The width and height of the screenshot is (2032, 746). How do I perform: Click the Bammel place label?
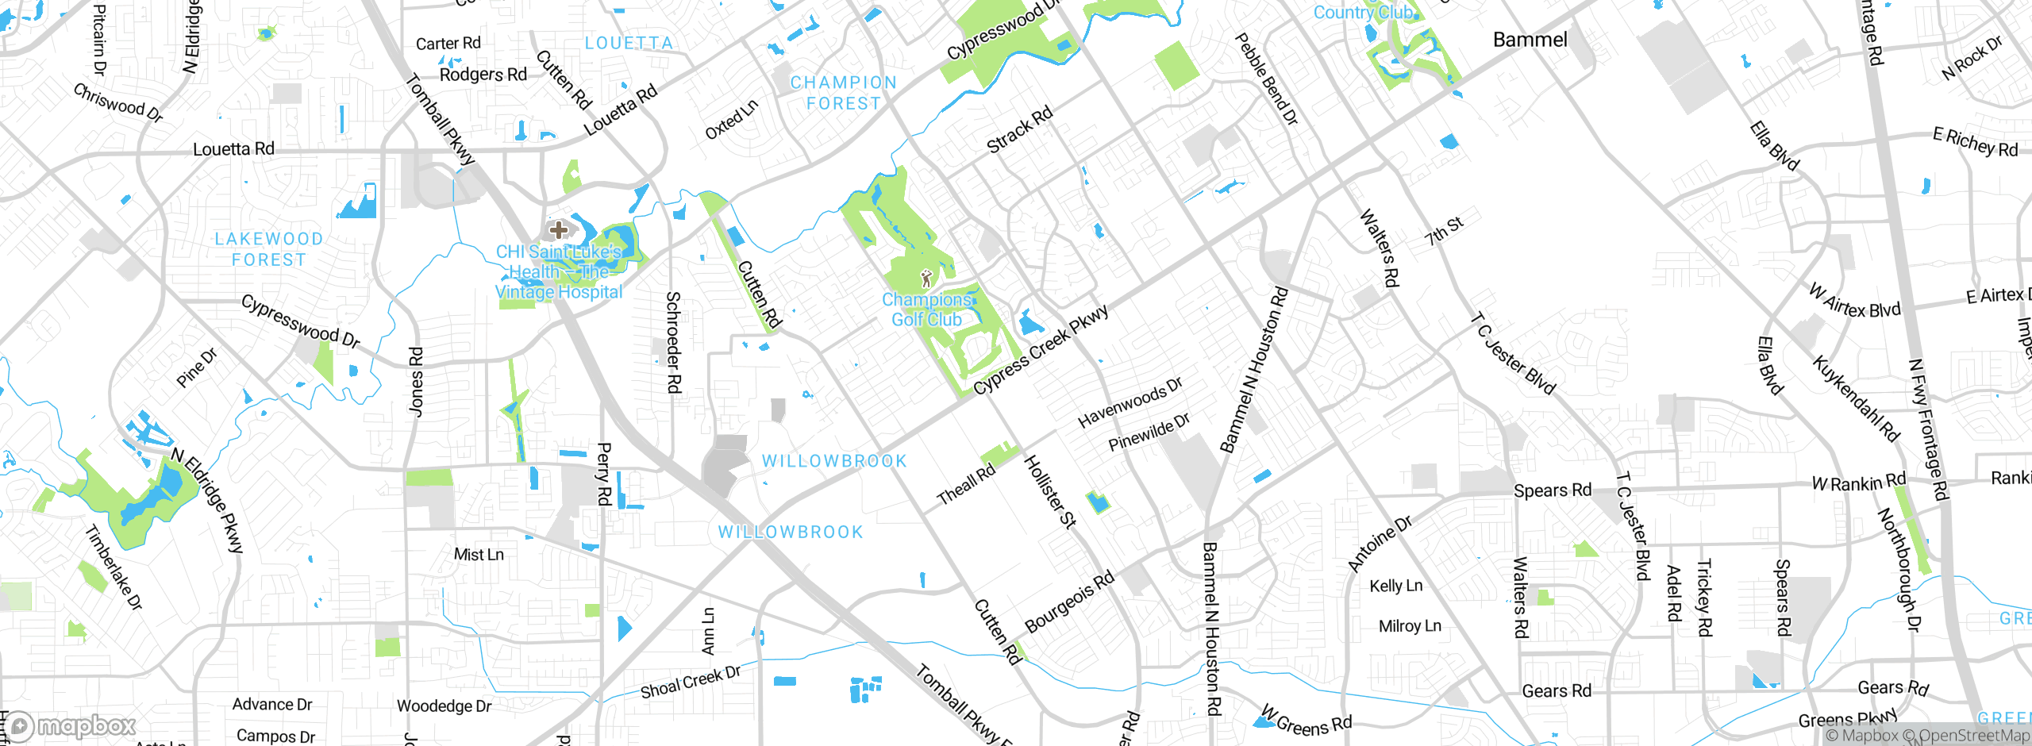1530,40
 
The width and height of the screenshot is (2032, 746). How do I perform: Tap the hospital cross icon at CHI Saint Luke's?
558,230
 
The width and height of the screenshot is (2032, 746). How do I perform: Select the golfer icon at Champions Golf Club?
926,279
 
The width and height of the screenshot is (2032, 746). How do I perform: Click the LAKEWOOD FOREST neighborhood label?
268,249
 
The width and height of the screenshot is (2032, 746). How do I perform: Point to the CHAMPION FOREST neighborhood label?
843,93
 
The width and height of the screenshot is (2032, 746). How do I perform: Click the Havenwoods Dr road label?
1130,402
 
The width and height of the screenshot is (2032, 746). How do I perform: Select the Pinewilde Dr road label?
1149,433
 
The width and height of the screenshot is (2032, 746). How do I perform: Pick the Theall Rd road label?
965,485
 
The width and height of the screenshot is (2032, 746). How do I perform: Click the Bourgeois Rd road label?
1069,602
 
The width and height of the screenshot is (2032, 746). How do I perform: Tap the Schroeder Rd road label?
673,342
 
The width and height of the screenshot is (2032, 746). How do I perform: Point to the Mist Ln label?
479,555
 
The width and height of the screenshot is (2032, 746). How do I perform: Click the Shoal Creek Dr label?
690,683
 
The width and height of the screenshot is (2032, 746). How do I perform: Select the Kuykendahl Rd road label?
1855,399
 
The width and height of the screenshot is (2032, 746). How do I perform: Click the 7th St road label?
1443,231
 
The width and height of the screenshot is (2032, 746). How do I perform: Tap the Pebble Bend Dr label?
1267,79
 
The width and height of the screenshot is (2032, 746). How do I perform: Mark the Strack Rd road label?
1019,129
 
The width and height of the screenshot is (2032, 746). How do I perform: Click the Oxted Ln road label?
731,119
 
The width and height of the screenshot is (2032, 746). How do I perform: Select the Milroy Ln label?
1410,626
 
